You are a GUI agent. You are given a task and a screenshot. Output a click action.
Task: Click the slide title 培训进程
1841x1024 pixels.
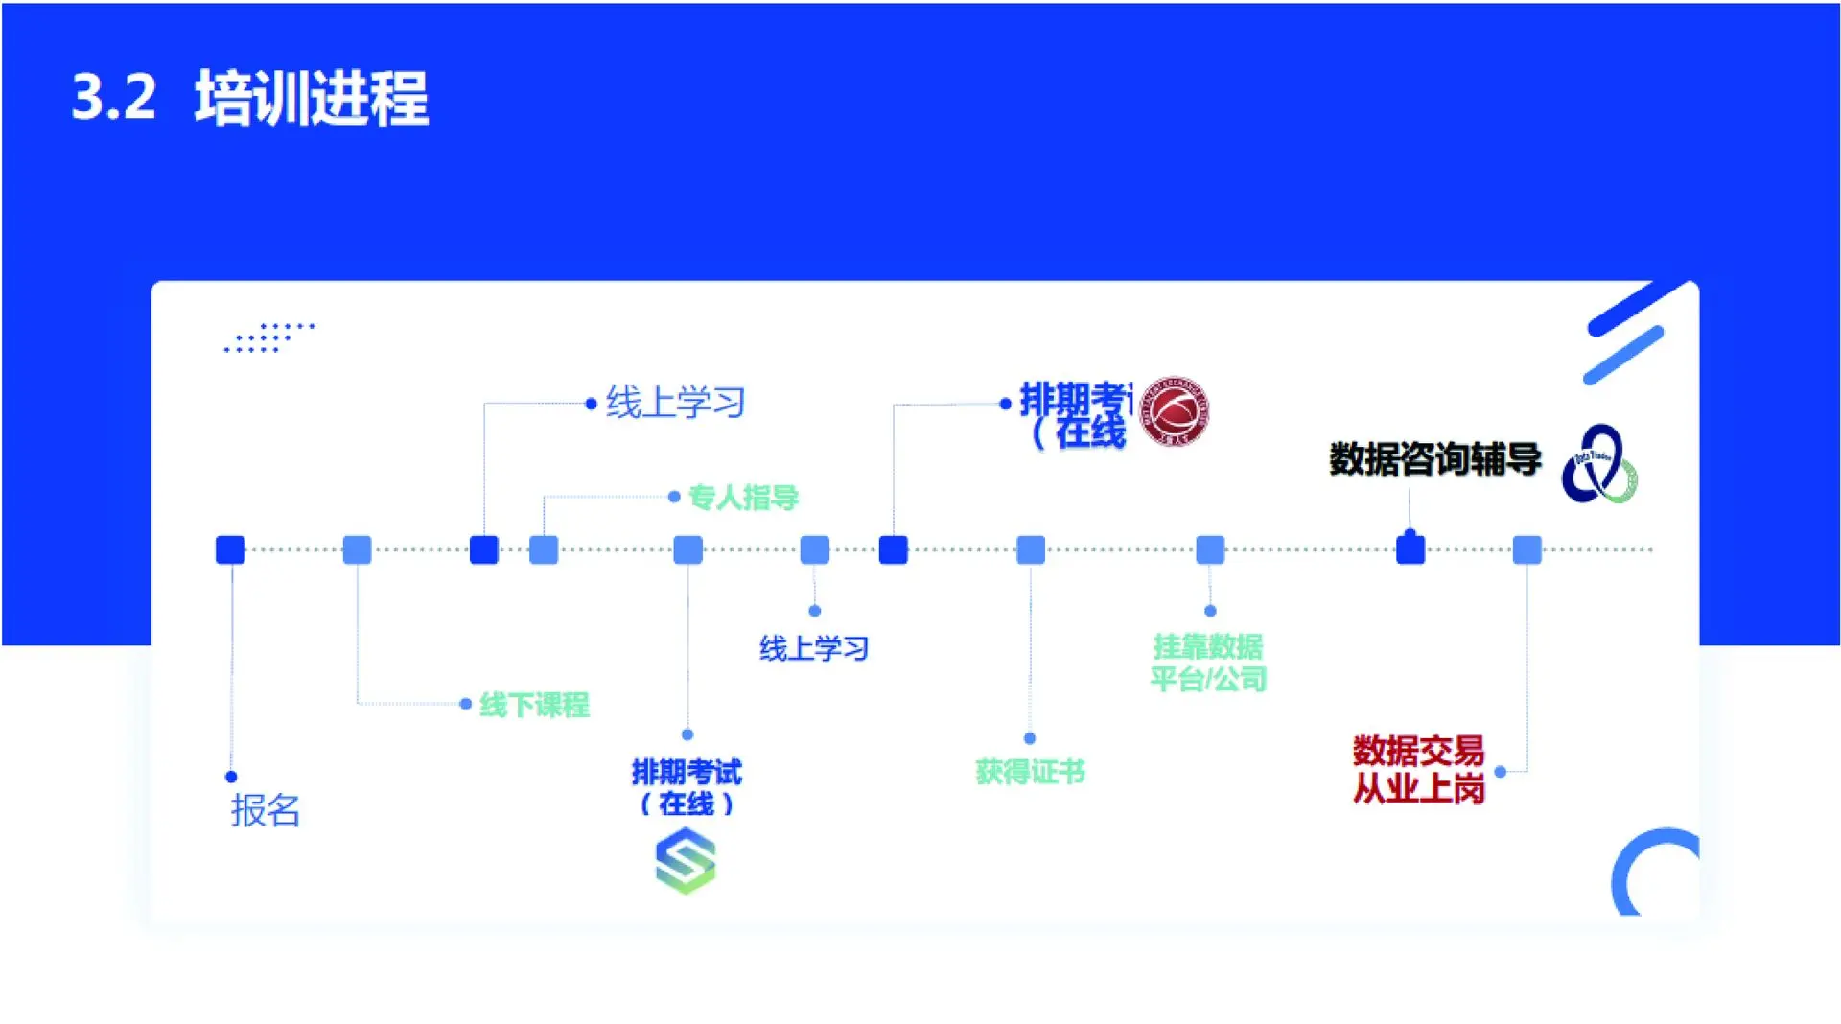[x=312, y=98]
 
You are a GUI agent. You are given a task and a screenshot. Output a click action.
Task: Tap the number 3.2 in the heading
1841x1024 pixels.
[x=113, y=98]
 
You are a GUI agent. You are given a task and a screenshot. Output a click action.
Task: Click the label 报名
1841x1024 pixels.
[x=266, y=811]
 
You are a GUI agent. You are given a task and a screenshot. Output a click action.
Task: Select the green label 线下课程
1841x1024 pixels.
[x=534, y=706]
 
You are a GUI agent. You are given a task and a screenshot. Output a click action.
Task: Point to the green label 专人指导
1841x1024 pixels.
[x=743, y=498]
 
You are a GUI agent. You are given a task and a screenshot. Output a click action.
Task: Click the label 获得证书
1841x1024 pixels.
[x=1030, y=772]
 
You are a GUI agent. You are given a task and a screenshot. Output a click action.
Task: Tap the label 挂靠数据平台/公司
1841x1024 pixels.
[x=1208, y=663]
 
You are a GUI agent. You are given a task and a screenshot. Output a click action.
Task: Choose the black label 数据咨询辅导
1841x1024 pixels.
[x=1434, y=459]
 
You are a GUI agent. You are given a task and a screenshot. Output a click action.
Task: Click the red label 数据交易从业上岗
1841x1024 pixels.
[x=1418, y=770]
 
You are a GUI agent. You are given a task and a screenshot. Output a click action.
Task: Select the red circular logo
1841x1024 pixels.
[x=1175, y=410]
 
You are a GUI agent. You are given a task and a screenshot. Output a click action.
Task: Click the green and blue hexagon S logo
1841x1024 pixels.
[x=686, y=861]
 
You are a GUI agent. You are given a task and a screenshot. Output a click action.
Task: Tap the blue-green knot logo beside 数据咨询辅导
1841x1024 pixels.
[x=1599, y=465]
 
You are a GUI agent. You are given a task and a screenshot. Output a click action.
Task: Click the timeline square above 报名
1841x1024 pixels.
[x=230, y=549]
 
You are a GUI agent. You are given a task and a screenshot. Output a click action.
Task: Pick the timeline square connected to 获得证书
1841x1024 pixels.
[x=1031, y=549]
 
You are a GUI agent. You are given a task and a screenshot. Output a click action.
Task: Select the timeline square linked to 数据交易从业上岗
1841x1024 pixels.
[x=1526, y=549]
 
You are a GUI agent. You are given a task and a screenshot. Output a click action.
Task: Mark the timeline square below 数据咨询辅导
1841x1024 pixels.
[x=1410, y=549]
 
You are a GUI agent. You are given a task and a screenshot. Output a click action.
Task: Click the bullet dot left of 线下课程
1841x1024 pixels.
[x=466, y=704]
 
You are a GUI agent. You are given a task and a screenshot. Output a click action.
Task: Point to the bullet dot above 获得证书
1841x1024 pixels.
[x=1030, y=738]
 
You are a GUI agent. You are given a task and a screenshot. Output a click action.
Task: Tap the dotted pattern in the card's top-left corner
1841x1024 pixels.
[x=269, y=337]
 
